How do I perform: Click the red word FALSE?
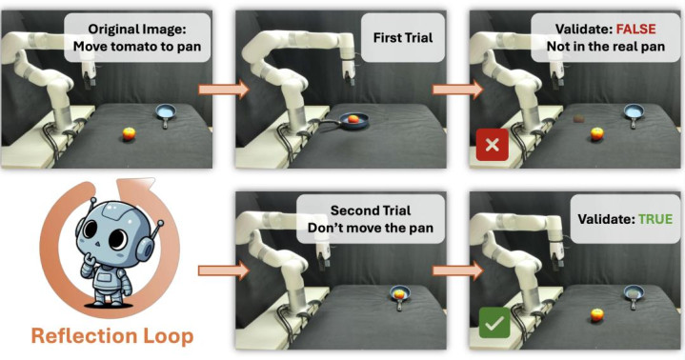pos(635,29)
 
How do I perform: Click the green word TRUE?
pos(655,218)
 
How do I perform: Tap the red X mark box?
pos(493,145)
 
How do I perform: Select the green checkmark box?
pos(494,323)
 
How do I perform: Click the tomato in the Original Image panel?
pos(129,133)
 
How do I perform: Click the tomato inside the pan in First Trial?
pos(353,118)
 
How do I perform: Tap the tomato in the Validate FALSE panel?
pos(596,133)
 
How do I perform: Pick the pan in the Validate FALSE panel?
pos(634,114)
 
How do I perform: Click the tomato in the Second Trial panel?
pos(399,294)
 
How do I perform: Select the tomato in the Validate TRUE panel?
pos(596,314)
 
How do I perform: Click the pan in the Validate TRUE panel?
pos(634,295)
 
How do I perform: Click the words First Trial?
pos(403,37)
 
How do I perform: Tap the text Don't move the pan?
pos(371,228)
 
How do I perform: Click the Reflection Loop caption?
pos(112,336)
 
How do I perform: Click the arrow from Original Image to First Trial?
pos(224,90)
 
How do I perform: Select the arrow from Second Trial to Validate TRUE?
pos(458,270)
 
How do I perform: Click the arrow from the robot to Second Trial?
pos(224,270)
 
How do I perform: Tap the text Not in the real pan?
pos(606,47)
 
